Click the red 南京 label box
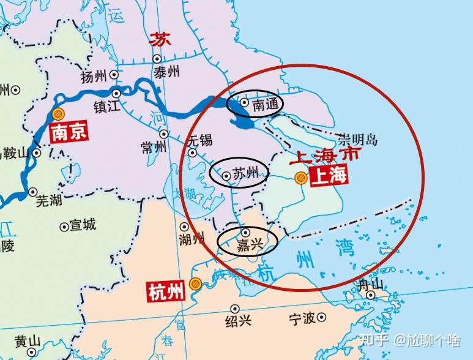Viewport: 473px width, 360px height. tap(68, 133)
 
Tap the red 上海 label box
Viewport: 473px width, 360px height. tap(329, 177)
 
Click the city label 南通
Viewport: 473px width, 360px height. tap(266, 105)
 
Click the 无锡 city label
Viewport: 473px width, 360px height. tap(201, 140)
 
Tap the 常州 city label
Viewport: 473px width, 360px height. tap(153, 148)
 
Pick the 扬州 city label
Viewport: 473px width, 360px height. tap(94, 77)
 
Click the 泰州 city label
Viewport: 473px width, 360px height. tap(166, 72)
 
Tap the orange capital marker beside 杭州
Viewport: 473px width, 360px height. tap(195, 283)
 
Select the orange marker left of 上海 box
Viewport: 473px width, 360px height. tap(300, 178)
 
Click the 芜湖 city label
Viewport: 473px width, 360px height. tap(50, 200)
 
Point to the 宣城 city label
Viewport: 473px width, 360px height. tap(83, 225)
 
